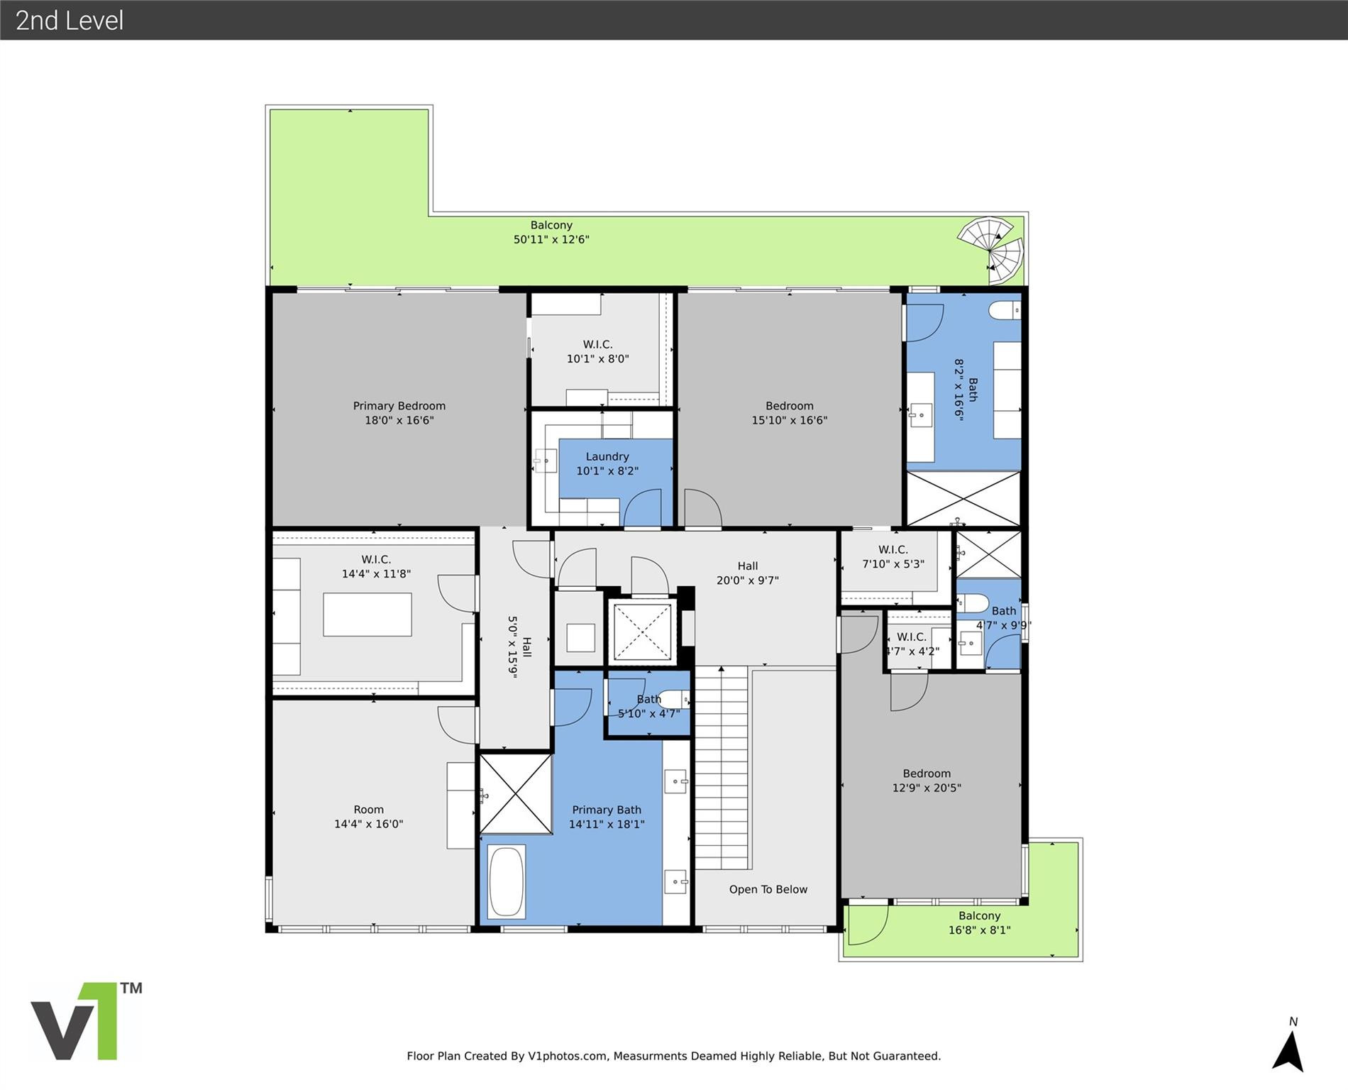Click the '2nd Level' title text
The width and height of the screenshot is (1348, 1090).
click(x=70, y=21)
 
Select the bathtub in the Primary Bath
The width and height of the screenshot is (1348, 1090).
click(x=507, y=881)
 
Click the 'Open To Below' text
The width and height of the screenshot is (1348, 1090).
click(x=768, y=889)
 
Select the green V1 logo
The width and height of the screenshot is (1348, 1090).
click(x=85, y=1022)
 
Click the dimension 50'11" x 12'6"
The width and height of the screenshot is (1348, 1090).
click(x=551, y=240)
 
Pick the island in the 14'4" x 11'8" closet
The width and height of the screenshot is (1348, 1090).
click(x=367, y=615)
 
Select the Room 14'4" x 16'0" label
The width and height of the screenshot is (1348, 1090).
click(x=368, y=816)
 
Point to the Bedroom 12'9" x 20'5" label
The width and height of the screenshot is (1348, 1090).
click(x=927, y=780)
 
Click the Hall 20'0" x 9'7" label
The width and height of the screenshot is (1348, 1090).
click(x=747, y=573)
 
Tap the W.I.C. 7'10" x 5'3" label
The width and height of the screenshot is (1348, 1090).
click(x=893, y=556)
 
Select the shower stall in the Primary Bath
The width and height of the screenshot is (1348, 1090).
click(x=516, y=793)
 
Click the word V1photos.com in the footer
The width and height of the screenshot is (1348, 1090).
click(x=568, y=1056)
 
